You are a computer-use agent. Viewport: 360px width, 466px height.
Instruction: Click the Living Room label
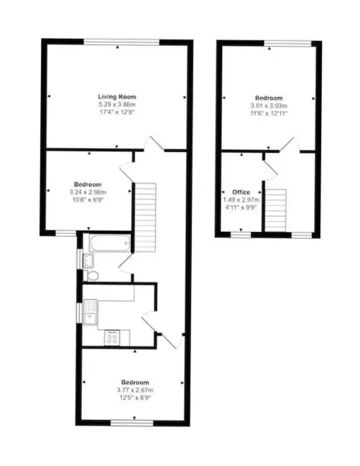pos(117,97)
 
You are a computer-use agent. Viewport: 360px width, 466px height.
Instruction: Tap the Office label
pos(241,192)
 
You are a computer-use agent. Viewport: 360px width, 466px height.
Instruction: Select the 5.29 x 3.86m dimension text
pos(117,105)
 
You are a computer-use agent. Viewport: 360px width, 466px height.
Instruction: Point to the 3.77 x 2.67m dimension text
pos(135,390)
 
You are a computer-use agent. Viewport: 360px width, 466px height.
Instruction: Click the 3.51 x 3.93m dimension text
pos(269,106)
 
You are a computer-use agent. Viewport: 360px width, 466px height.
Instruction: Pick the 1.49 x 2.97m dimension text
pos(241,199)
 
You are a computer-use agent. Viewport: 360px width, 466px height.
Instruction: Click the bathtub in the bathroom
pos(110,243)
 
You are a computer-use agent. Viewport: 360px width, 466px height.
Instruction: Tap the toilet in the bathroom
pos(91,276)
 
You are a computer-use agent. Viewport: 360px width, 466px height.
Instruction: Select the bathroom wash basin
pos(88,260)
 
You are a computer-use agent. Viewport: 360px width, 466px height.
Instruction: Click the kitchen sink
pos(90,313)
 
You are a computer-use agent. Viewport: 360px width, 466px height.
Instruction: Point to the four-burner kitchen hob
pos(112,338)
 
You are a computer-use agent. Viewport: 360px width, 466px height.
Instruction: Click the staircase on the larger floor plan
pos(146,218)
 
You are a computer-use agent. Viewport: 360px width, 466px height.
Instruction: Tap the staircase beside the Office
pos(276,210)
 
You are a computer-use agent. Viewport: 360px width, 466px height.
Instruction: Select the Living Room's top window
pos(121,42)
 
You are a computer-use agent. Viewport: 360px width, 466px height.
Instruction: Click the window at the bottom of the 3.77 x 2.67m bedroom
pos(132,423)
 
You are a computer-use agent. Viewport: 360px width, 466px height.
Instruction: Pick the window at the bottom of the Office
pos(241,235)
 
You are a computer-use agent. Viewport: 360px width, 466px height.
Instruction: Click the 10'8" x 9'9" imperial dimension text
pos(88,199)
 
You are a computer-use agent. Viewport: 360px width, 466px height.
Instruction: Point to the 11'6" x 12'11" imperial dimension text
pos(269,114)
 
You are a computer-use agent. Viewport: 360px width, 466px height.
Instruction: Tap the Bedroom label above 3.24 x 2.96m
pos(88,185)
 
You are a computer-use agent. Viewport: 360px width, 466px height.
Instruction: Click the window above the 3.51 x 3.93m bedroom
pos(288,43)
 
